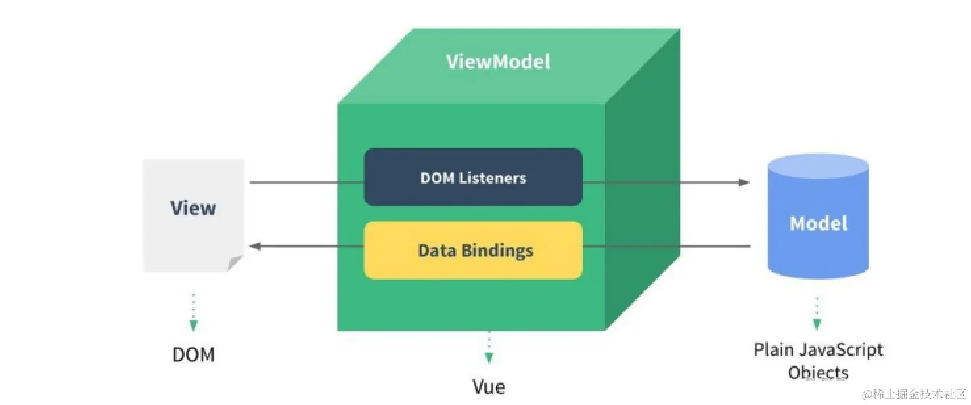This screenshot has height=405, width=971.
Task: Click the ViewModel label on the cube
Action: tap(498, 62)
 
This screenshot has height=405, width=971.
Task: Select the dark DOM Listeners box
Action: tap(473, 177)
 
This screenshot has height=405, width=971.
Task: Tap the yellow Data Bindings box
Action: tap(473, 250)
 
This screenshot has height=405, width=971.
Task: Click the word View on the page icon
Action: tap(193, 208)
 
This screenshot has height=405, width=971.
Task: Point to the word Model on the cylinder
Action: tap(819, 223)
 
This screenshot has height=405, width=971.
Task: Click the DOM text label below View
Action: tap(193, 355)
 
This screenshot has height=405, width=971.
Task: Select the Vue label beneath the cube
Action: tap(489, 387)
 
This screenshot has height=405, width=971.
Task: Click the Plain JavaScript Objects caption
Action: tap(819, 360)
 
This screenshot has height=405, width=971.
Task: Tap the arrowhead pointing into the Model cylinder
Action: tap(744, 182)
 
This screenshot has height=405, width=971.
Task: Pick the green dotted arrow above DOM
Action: tap(193, 312)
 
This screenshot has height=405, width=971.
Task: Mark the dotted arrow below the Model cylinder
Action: tap(817, 313)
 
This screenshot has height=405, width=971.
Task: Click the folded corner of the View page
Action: tap(235, 263)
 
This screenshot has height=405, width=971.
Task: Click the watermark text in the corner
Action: tap(915, 394)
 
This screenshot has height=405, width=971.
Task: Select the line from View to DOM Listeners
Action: tap(306, 182)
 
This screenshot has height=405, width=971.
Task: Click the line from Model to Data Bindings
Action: tap(666, 247)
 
